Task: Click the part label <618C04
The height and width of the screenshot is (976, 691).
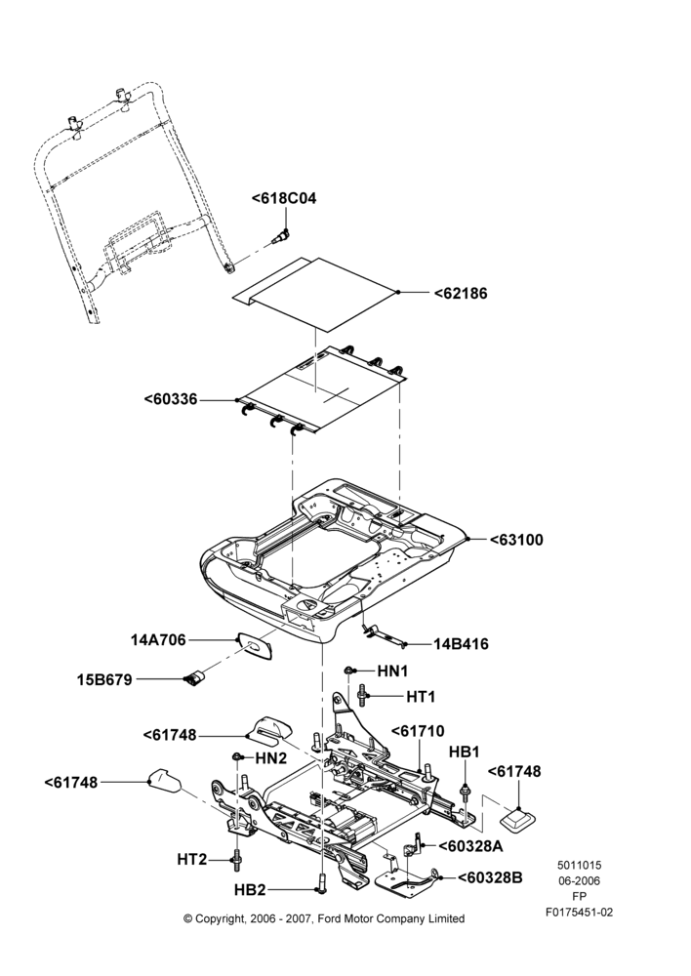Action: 284,198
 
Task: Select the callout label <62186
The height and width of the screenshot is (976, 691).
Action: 461,293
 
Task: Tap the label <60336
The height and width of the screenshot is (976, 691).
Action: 171,399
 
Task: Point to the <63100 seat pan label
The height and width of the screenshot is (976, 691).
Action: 516,540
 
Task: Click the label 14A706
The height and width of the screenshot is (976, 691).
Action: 158,640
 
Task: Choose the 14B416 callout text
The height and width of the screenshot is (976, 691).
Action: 462,644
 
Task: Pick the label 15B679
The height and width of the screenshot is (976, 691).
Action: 104,679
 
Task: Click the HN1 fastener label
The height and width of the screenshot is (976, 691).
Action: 392,671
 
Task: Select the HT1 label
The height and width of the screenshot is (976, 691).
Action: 421,697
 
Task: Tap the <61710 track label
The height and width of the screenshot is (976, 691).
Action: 418,731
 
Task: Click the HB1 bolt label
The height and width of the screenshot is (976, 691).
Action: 465,752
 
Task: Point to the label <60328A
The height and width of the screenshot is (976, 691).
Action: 470,846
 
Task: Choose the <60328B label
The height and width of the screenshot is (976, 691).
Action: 490,877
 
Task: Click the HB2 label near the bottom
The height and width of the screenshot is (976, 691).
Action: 250,890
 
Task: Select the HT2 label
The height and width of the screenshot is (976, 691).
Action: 191,860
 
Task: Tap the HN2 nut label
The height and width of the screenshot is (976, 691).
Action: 271,758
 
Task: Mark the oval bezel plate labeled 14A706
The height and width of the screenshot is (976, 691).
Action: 255,645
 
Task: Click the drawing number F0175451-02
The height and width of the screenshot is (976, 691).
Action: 580,913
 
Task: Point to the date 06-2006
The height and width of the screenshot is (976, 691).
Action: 579,880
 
